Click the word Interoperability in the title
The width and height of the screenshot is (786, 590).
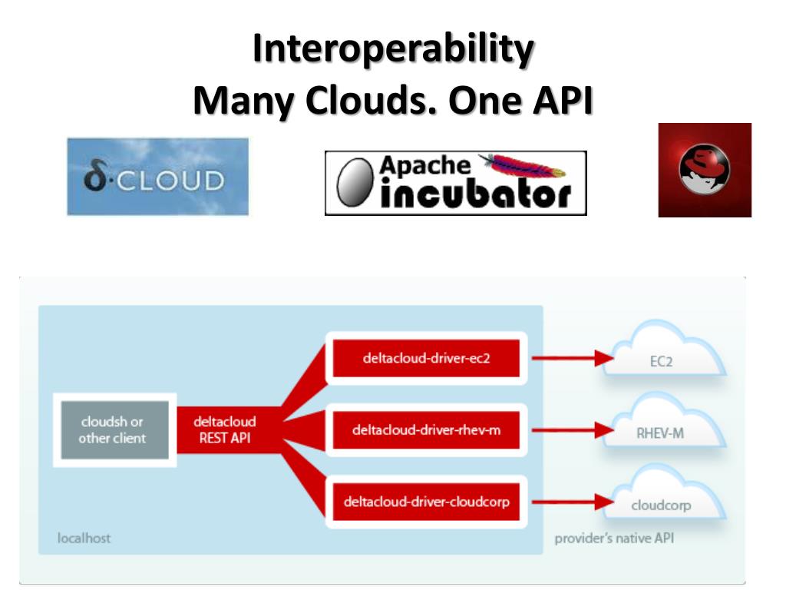[392, 50]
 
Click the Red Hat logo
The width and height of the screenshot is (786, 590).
[704, 171]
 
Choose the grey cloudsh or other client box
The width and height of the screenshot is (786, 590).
[112, 429]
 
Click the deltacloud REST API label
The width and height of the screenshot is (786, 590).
[224, 430]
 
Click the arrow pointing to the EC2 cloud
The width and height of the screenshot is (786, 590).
[571, 357]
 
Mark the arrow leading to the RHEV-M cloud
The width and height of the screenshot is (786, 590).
[571, 429]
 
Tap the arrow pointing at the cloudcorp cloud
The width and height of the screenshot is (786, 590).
[571, 502]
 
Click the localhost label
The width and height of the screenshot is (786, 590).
[84, 538]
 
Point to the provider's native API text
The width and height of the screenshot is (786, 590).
[614, 538]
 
